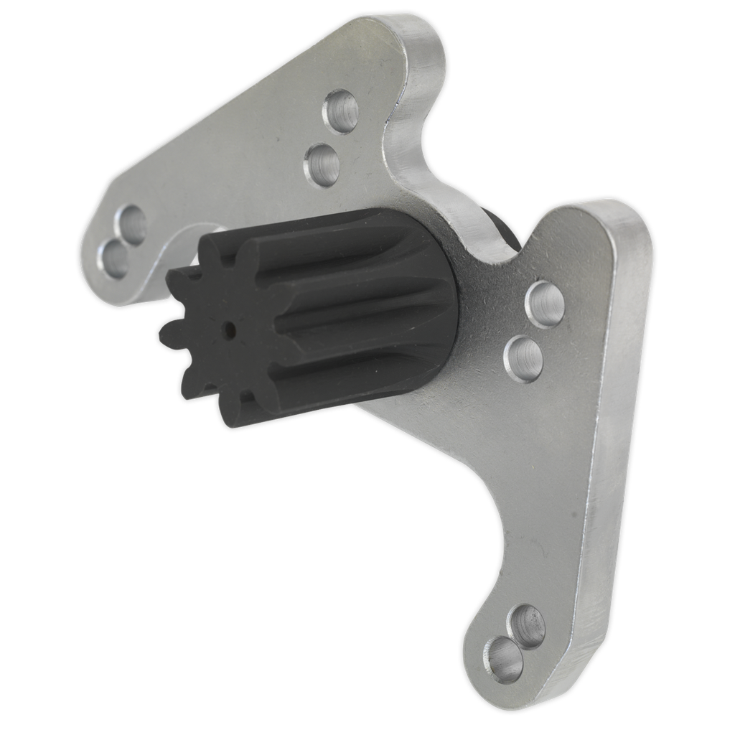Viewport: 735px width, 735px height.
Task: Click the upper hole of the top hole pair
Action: (x=341, y=111)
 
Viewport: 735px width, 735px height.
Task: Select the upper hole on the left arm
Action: (x=131, y=224)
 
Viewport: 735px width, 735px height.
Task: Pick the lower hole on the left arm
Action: (x=115, y=259)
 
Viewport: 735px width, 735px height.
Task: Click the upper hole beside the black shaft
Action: (x=545, y=304)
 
